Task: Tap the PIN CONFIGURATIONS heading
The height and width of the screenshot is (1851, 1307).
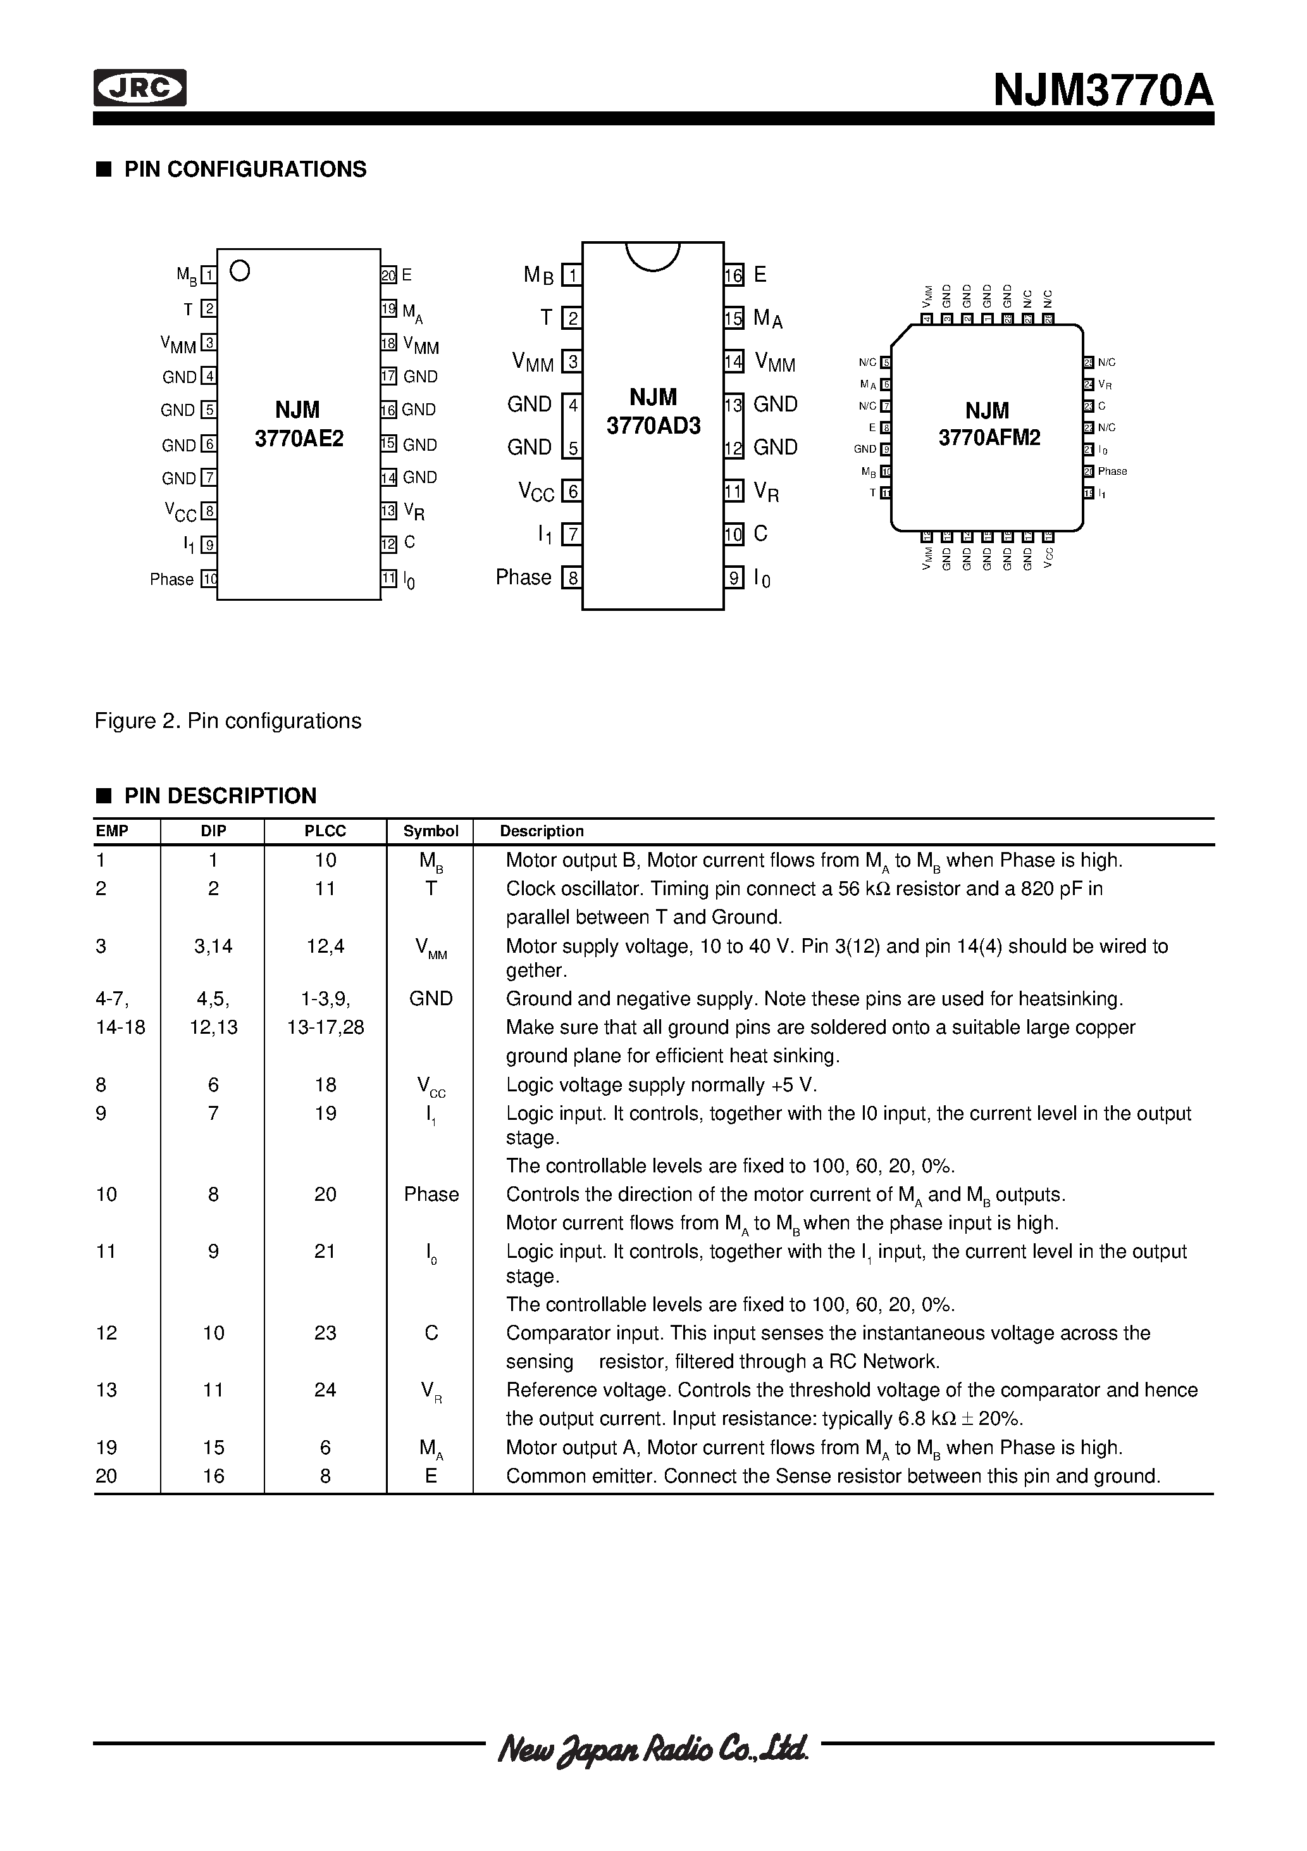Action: tap(245, 169)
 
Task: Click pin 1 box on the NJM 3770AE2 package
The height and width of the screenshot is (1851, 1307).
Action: tap(209, 275)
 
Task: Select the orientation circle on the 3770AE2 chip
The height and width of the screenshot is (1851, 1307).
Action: tap(239, 271)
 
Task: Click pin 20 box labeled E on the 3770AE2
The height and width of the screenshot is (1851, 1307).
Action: tap(389, 275)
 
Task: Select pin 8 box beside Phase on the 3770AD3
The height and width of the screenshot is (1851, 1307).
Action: tap(572, 578)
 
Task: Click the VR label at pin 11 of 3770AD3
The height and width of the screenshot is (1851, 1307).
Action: tap(766, 491)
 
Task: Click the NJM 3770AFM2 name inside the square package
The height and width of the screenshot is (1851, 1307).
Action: tap(989, 424)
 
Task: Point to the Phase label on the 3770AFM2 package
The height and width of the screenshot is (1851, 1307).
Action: tap(1112, 471)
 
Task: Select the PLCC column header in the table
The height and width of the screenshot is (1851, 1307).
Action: tap(325, 831)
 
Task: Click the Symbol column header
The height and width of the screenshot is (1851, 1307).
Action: tap(431, 831)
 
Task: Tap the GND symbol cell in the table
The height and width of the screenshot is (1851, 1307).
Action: tap(431, 999)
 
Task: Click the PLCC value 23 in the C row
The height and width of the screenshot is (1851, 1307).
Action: tap(325, 1333)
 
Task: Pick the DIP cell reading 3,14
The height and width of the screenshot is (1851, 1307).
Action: tap(214, 946)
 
